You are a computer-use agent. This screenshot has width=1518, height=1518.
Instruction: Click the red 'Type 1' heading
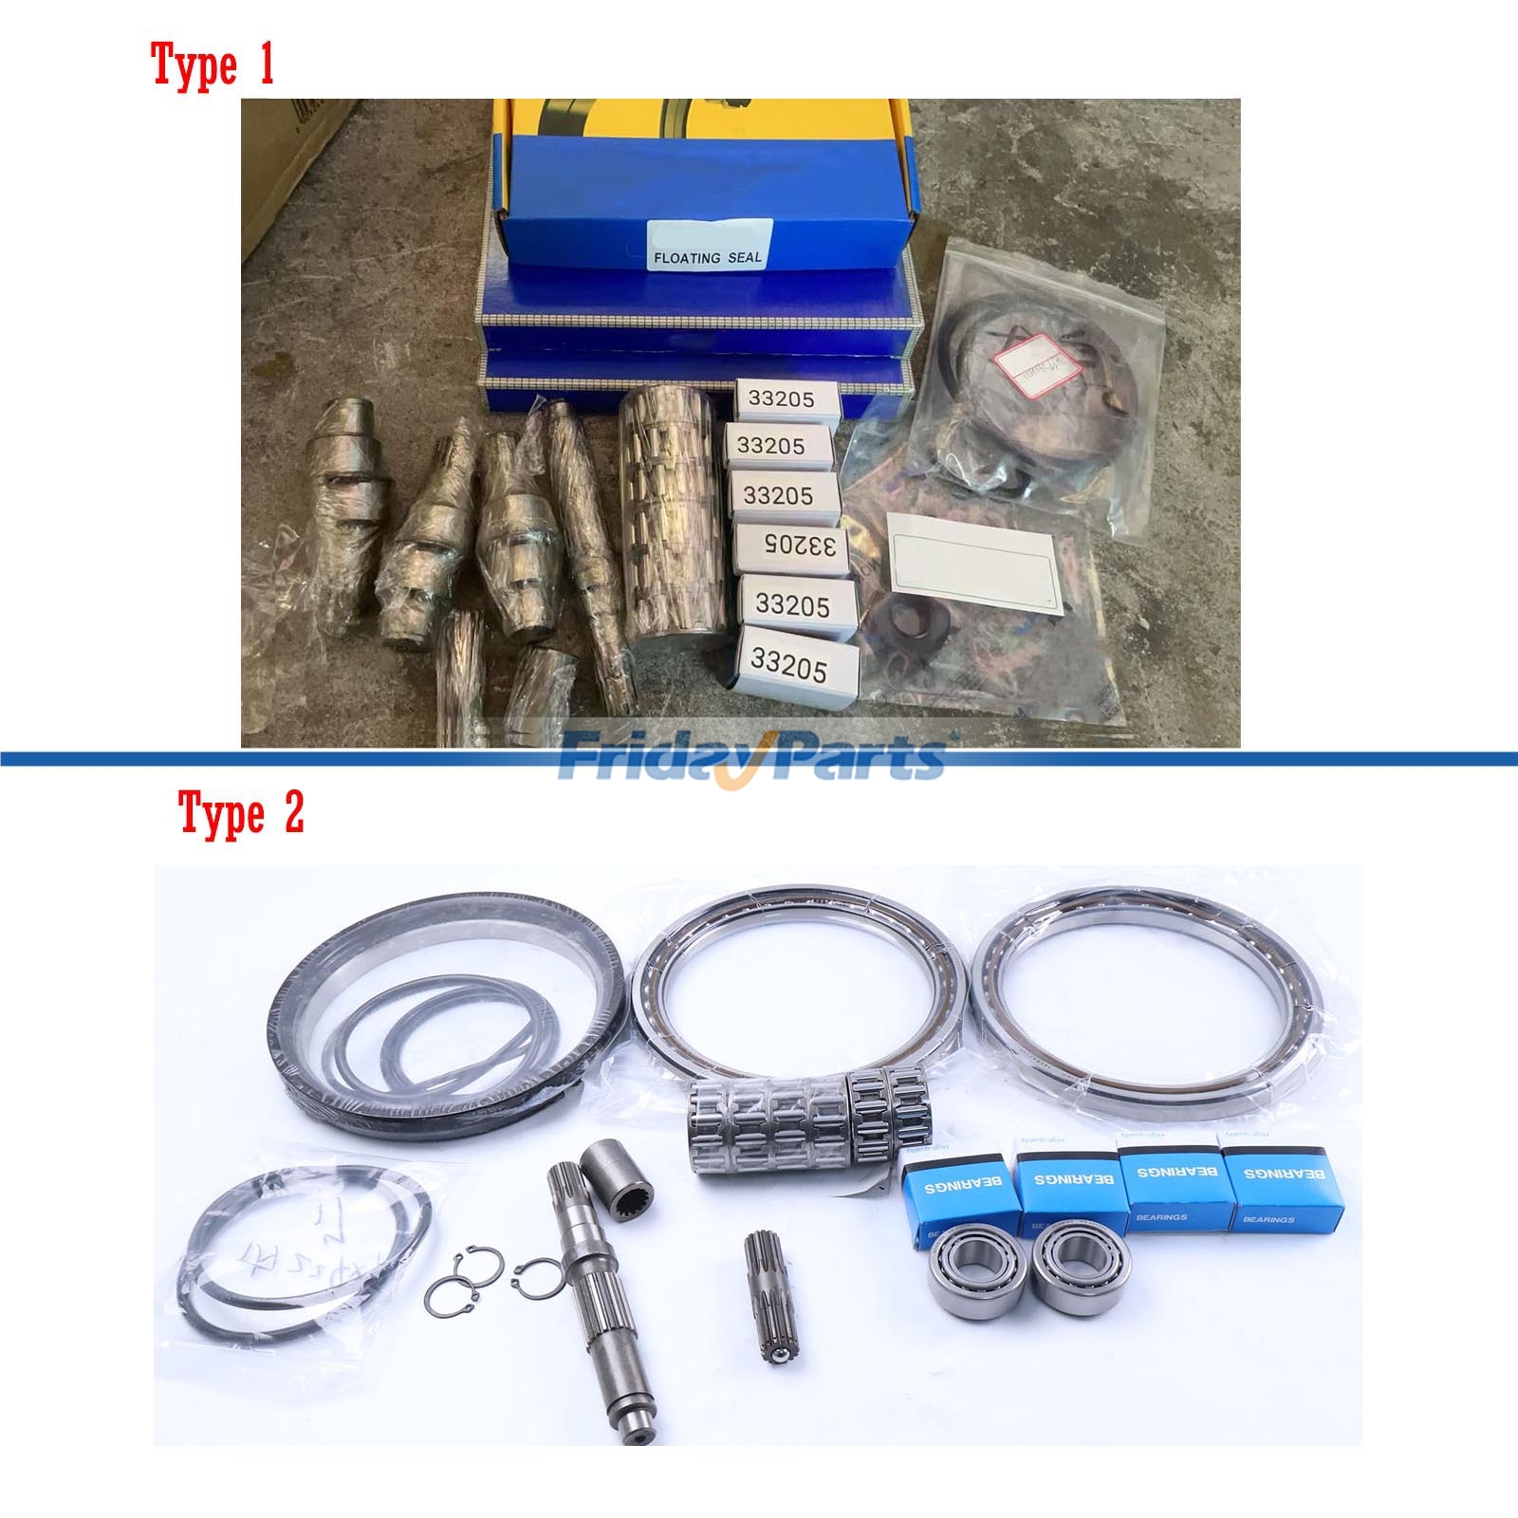pyautogui.click(x=213, y=65)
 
